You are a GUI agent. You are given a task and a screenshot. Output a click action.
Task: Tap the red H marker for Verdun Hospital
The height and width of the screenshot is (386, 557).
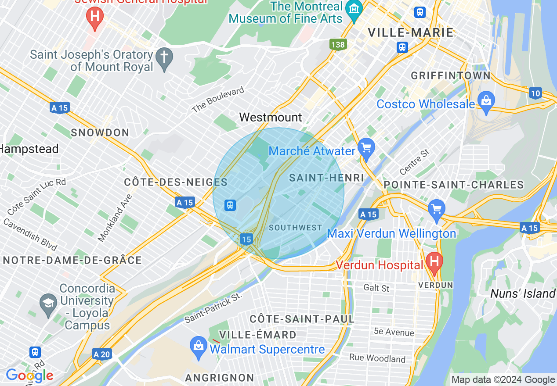pyautogui.click(x=434, y=263)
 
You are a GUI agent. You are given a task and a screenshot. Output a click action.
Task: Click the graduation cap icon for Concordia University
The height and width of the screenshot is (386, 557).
pyautogui.click(x=47, y=303)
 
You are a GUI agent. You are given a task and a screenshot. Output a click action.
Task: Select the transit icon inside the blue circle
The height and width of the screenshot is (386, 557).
pyautogui.click(x=230, y=205)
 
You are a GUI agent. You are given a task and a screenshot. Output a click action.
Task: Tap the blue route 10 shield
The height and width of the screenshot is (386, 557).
pyautogui.click(x=535, y=93)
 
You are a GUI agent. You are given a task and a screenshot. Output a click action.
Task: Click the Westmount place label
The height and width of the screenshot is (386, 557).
pyautogui.click(x=271, y=117)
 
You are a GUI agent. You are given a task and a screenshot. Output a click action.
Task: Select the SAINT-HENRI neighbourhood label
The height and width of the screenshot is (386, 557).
pyautogui.click(x=326, y=178)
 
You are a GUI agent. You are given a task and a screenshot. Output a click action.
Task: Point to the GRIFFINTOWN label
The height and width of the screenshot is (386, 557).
pyautogui.click(x=451, y=75)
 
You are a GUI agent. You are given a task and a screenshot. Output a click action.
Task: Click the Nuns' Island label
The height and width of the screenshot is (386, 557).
pyautogui.click(x=523, y=293)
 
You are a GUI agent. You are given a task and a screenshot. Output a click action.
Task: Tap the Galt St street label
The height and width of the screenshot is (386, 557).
pyautogui.click(x=376, y=288)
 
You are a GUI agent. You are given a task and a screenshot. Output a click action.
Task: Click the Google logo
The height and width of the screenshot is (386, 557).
pyautogui.click(x=29, y=375)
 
